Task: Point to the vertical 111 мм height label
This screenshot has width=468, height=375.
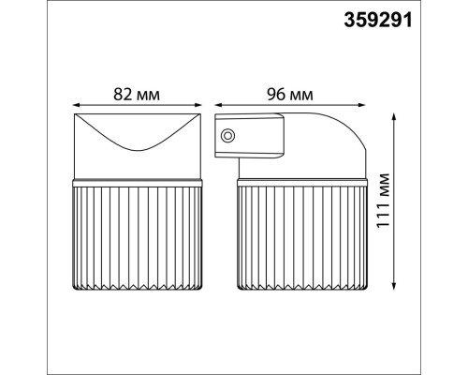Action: coord(417,202)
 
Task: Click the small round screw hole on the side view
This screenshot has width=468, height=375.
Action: coord(227,136)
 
